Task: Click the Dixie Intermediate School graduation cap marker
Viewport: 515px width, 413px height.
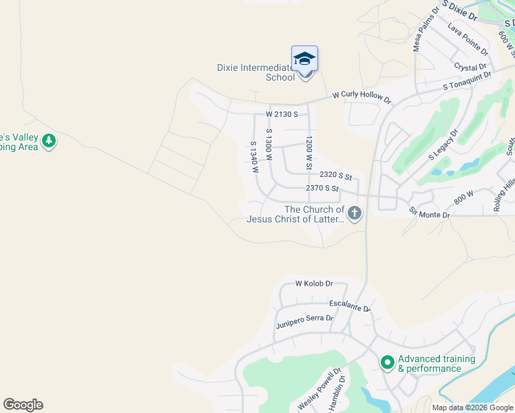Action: click(304, 59)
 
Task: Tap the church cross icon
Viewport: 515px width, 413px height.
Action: click(355, 214)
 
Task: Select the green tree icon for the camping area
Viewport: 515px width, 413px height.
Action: click(48, 141)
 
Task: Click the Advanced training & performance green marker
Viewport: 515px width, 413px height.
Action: click(387, 361)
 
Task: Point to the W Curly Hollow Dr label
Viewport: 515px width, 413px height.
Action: click(361, 96)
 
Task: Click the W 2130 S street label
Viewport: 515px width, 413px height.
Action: click(282, 114)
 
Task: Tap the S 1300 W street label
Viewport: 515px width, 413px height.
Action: click(269, 145)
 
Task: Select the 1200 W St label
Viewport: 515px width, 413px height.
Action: click(309, 153)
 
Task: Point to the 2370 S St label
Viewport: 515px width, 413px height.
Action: click(322, 189)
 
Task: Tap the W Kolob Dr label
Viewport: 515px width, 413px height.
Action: click(314, 284)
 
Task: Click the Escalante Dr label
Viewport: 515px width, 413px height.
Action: click(350, 306)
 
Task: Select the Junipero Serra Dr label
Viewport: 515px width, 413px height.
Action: click(304, 321)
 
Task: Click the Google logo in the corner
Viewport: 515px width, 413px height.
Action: click(23, 405)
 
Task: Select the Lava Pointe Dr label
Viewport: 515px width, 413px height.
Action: click(467, 39)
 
